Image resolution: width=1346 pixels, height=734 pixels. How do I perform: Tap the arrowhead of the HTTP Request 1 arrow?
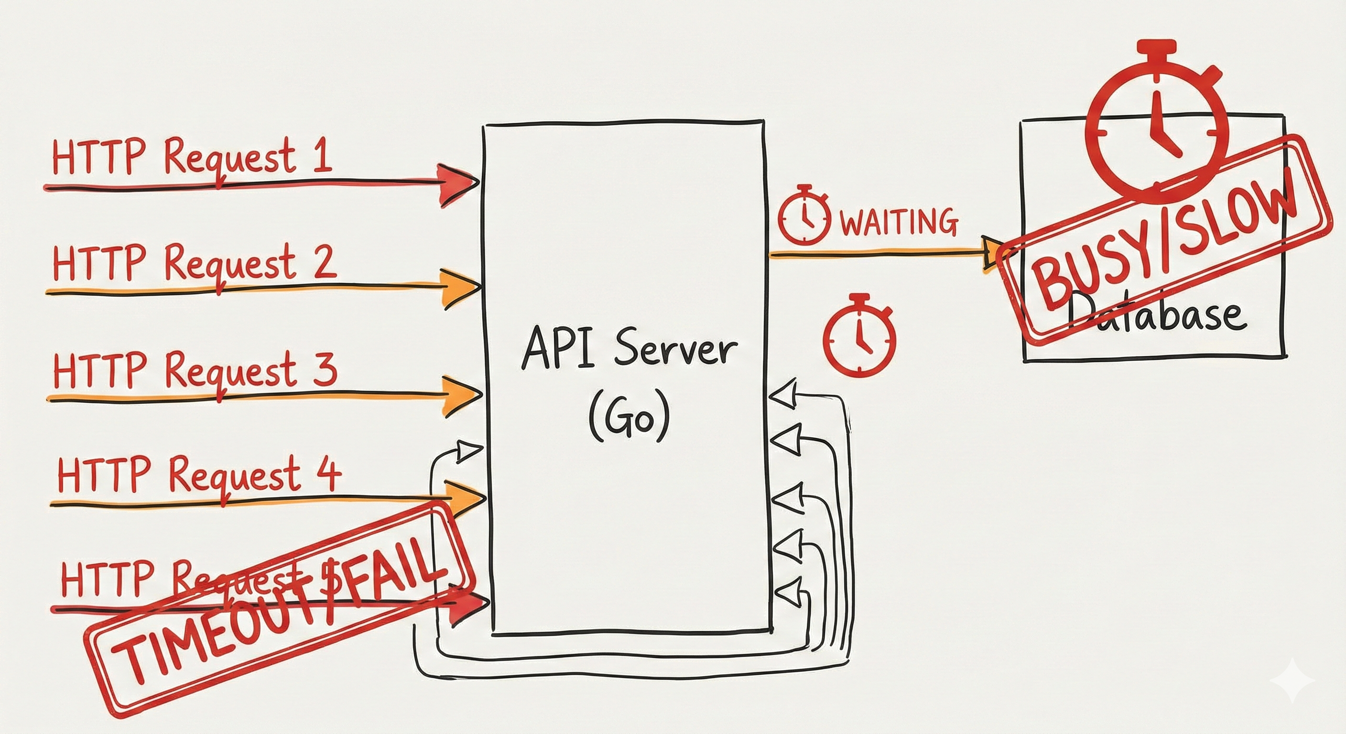456,183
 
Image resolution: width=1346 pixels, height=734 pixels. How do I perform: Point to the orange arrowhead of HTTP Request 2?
459,288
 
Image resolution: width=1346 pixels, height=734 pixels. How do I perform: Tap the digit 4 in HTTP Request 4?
329,475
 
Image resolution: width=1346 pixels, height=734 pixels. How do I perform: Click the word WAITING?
898,222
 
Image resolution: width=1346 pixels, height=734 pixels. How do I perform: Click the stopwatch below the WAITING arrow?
859,336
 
